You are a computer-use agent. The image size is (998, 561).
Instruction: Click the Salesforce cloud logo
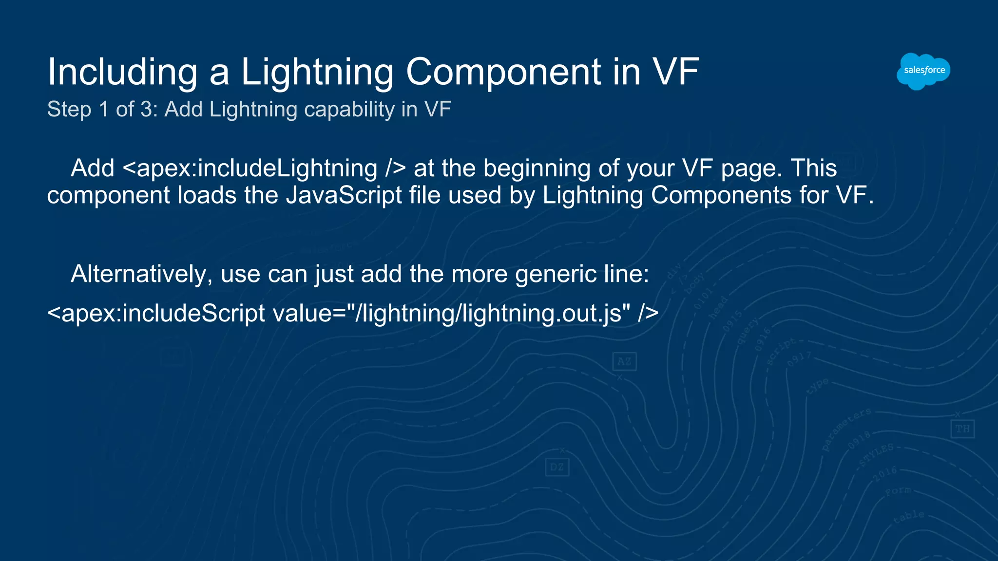pyautogui.click(x=923, y=71)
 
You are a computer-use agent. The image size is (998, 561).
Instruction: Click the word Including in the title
pyautogui.click(x=122, y=72)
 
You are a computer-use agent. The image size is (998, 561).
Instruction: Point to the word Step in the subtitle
pyautogui.click(x=69, y=110)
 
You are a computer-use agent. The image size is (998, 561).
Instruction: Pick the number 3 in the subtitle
pyautogui.click(x=146, y=110)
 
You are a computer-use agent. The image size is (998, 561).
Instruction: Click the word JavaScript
pyautogui.click(x=344, y=195)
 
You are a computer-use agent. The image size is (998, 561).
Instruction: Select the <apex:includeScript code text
pyautogui.click(x=156, y=313)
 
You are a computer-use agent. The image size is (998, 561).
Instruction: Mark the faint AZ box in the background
pyautogui.click(x=624, y=361)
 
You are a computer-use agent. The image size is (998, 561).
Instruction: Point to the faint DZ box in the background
pyautogui.click(x=557, y=467)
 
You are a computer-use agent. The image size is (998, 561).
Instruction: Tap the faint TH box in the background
pyautogui.click(x=962, y=429)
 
